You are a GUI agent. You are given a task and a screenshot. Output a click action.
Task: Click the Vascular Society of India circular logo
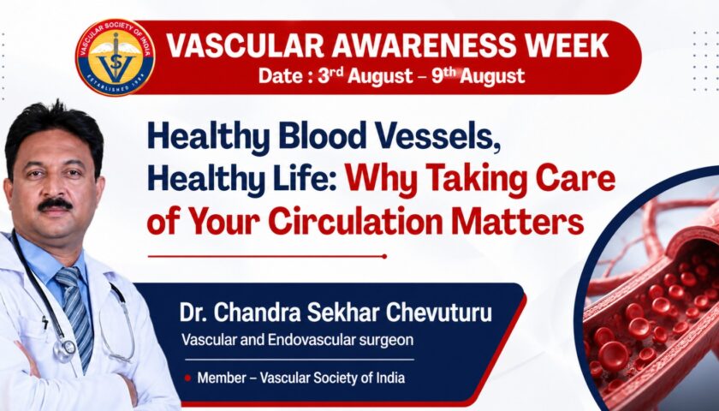click(x=115, y=57)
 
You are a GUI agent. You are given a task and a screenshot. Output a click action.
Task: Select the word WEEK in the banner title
click(x=567, y=45)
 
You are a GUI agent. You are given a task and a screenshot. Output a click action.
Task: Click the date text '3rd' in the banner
click(x=330, y=74)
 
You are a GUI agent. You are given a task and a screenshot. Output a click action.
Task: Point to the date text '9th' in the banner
click(x=443, y=74)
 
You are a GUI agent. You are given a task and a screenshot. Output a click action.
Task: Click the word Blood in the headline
click(x=322, y=137)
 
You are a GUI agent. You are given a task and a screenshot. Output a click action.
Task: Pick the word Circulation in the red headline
click(x=356, y=221)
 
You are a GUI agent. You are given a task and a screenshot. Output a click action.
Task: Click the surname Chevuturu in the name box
click(x=438, y=313)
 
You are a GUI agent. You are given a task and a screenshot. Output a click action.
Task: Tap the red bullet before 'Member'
click(x=187, y=378)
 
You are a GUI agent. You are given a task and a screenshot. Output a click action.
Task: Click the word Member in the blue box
click(x=222, y=378)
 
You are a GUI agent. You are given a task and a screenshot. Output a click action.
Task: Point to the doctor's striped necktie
click(x=76, y=312)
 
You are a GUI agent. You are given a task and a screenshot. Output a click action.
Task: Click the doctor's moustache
click(x=55, y=204)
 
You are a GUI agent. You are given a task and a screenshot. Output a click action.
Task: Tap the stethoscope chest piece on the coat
click(x=64, y=348)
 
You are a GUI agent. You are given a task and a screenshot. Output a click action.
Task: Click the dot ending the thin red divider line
click(x=384, y=256)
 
